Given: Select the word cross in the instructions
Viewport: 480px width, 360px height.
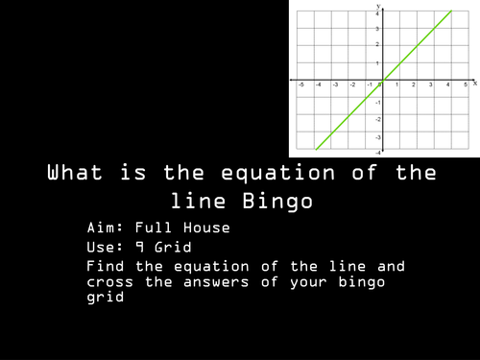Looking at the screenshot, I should pyautogui.click(x=110, y=282).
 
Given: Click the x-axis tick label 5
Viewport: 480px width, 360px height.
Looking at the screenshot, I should pyautogui.click(x=465, y=85).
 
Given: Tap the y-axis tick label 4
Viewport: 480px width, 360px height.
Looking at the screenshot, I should pyautogui.click(x=377, y=13).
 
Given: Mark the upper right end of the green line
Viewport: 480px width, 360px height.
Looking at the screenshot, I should pyautogui.click(x=451, y=12).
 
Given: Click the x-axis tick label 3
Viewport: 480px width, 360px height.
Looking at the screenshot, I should pyautogui.click(x=432, y=85).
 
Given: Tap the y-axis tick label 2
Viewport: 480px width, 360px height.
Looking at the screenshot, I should pyautogui.click(x=377, y=46).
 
